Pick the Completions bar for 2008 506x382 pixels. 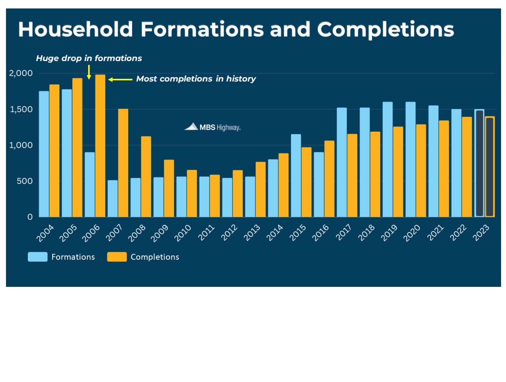coord(146,177)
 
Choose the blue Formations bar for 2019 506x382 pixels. coord(388,159)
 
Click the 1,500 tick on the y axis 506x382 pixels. coord(21,109)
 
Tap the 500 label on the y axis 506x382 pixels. coord(25,181)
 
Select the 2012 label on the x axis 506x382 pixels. coord(229,233)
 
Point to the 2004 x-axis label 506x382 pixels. coord(45,233)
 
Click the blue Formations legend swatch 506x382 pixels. coord(37,257)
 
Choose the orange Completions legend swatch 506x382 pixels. coord(117,257)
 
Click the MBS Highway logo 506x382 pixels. coord(213,127)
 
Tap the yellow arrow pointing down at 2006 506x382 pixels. coord(89,72)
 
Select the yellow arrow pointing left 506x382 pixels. coord(120,80)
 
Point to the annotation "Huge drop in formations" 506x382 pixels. coord(89,58)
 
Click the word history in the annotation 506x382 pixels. coord(241,79)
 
